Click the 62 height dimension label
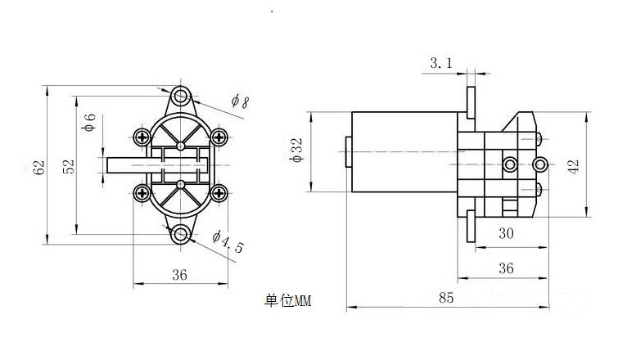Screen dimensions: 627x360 [x=39, y=168]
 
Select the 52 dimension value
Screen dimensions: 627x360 [x=69, y=167]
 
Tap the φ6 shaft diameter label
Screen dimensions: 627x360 [x=88, y=122]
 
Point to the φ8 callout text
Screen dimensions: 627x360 [x=240, y=101]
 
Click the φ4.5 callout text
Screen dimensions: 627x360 [x=228, y=241]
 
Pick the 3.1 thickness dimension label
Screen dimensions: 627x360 [x=441, y=63]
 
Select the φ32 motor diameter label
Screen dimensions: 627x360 [x=296, y=151]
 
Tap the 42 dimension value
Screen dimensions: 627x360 [x=573, y=166]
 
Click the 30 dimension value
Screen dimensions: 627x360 [x=506, y=233]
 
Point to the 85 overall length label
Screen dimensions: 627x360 [x=446, y=298]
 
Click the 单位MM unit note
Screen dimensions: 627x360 [x=287, y=301]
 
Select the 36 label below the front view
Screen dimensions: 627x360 [x=179, y=275]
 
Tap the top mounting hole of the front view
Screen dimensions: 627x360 [x=181, y=96]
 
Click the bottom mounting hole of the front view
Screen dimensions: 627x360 [x=181, y=234]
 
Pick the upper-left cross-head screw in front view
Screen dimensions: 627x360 [x=142, y=137]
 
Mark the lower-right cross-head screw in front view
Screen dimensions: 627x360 [x=219, y=193]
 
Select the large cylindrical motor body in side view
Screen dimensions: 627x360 [x=404, y=152]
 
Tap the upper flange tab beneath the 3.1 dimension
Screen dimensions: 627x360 [x=471, y=103]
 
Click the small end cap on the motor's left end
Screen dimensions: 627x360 [x=349, y=152]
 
